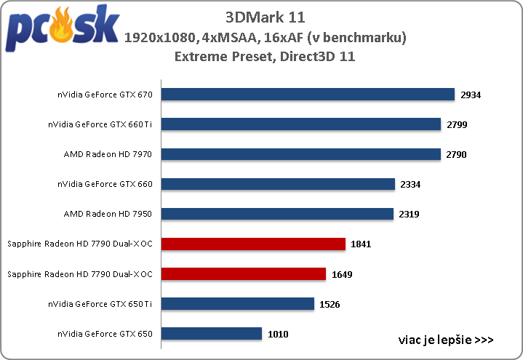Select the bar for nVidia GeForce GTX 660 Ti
(301, 124)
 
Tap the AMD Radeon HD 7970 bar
(301, 154)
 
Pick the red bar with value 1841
(253, 244)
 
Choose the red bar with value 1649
(243, 273)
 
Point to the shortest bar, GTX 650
(211, 333)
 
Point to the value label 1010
(279, 333)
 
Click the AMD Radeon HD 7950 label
(108, 214)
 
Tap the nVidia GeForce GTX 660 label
(105, 184)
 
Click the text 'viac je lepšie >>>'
(446, 339)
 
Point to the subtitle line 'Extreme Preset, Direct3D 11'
(265, 56)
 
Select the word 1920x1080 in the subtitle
(156, 36)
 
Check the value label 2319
(410, 214)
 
